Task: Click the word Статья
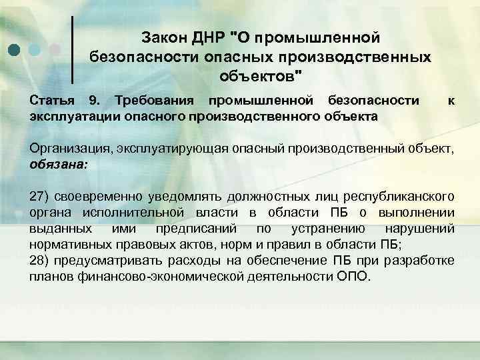coord(53,101)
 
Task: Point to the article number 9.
coord(94,101)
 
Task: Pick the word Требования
coord(151,101)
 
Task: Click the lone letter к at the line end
coord(452,101)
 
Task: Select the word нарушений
coord(424,228)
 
